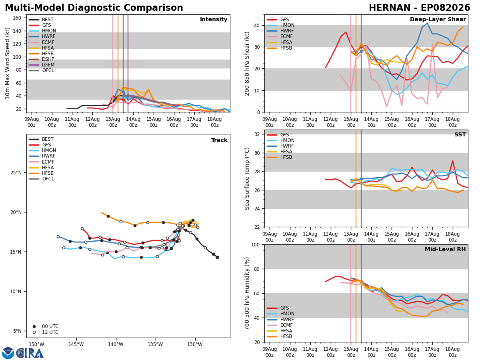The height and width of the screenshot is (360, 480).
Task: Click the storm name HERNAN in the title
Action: click(x=390, y=8)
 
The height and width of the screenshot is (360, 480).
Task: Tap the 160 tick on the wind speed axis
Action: click(x=17, y=18)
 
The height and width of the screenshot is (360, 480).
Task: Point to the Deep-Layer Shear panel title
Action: click(x=438, y=20)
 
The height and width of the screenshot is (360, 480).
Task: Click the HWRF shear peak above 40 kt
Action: click(x=427, y=23)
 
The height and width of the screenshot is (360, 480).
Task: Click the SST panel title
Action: click(x=460, y=135)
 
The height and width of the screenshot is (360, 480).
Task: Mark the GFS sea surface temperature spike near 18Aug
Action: click(x=452, y=161)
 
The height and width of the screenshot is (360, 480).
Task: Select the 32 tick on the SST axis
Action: click(x=257, y=134)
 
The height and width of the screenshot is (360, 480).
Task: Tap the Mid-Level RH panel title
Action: click(x=445, y=249)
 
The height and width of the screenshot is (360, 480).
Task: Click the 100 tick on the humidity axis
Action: click(x=256, y=244)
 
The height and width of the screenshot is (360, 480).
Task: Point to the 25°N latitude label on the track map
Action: click(x=16, y=173)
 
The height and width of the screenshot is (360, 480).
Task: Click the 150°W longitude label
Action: click(x=37, y=344)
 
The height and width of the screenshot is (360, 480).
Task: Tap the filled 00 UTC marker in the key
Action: click(x=34, y=326)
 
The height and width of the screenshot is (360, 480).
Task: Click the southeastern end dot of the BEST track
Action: click(x=217, y=258)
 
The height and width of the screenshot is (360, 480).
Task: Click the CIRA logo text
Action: click(x=30, y=353)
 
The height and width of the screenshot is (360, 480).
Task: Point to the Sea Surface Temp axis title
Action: click(x=247, y=178)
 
